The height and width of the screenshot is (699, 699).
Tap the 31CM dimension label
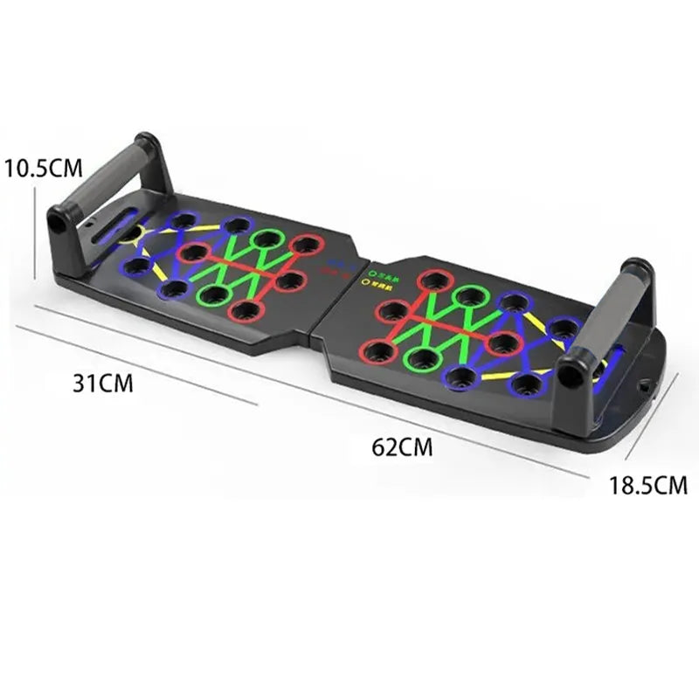[x=104, y=383]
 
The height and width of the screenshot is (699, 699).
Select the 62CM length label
[x=402, y=447]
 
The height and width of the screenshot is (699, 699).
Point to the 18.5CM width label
[x=648, y=485]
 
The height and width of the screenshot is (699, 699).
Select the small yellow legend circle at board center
[x=363, y=282]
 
